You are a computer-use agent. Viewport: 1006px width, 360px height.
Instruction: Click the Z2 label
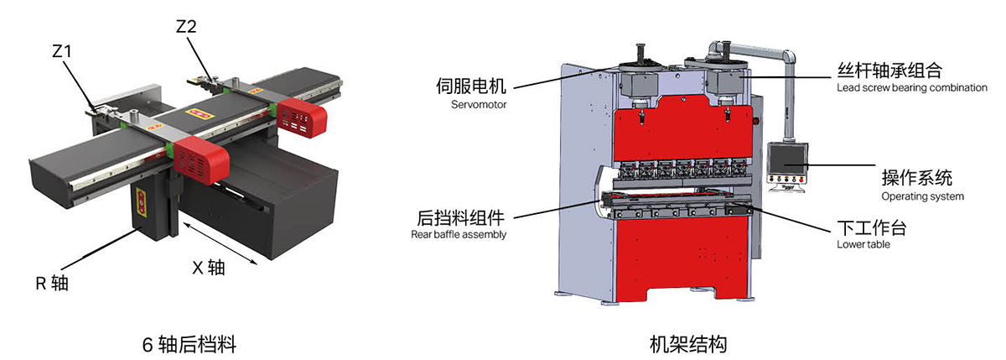coord(186,27)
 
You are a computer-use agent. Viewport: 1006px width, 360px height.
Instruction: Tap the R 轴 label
coord(51,283)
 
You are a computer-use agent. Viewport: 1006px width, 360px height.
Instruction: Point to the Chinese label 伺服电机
coord(471,86)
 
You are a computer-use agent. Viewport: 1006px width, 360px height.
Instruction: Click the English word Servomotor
coord(474,105)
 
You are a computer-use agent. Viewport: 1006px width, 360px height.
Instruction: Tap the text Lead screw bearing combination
coord(911,88)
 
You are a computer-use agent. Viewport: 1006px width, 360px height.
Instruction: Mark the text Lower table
coord(863,245)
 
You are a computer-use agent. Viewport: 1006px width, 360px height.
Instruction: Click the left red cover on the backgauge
coord(200,157)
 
